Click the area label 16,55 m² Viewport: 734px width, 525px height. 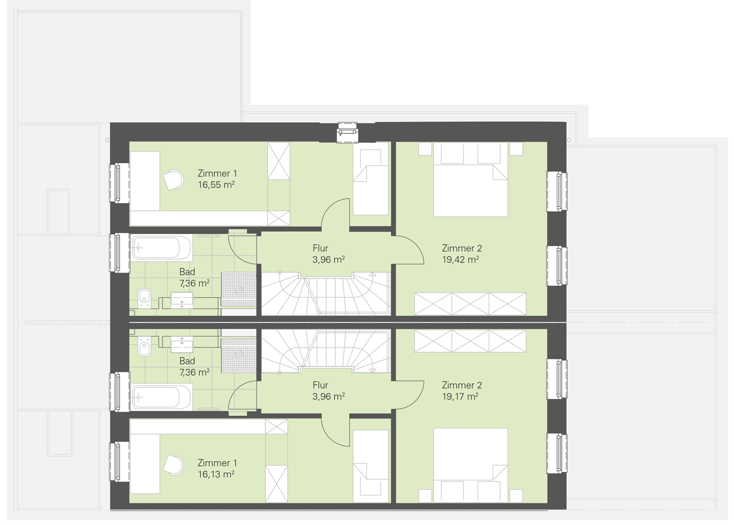(216, 185)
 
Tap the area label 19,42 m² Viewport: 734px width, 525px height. (460, 259)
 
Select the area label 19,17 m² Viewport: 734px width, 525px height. (460, 396)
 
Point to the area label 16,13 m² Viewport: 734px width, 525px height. (216, 474)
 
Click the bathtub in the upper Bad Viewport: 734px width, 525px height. (161, 248)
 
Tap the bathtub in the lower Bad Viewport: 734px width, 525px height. (161, 397)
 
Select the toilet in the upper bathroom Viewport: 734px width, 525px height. (144, 298)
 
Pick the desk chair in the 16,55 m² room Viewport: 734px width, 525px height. (174, 180)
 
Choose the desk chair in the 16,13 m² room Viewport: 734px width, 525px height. (174, 465)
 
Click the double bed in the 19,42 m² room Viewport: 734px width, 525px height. (471, 180)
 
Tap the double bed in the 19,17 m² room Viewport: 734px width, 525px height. (471, 465)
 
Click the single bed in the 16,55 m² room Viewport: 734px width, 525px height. (371, 178)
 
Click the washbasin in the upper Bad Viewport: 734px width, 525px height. (182, 301)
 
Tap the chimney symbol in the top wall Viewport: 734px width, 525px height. (347, 132)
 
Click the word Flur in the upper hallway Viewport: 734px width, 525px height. (320, 248)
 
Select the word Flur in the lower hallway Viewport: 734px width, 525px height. (320, 385)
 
